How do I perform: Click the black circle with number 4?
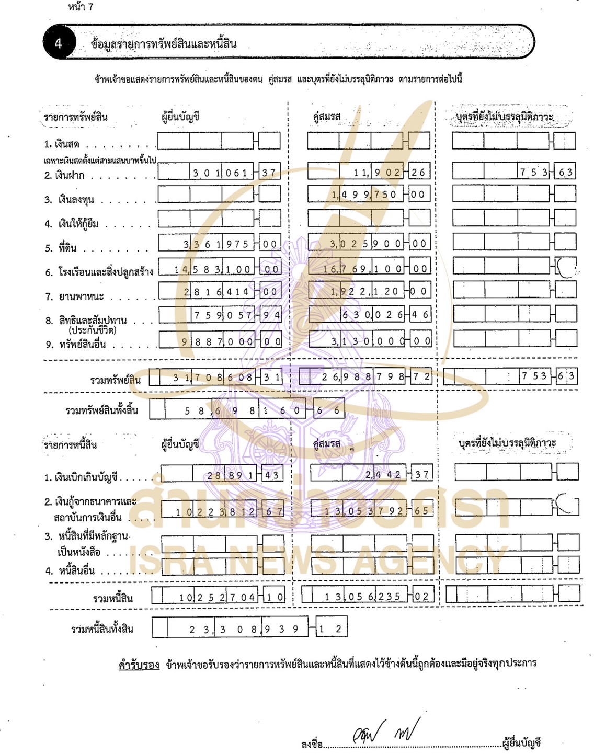pos(58,43)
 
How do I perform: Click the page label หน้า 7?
pos(81,7)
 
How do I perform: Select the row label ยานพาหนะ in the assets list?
pos(81,296)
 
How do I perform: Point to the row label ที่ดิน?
pos(67,248)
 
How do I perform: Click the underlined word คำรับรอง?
pos(139,665)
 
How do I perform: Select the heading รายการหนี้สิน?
pos(70,445)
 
